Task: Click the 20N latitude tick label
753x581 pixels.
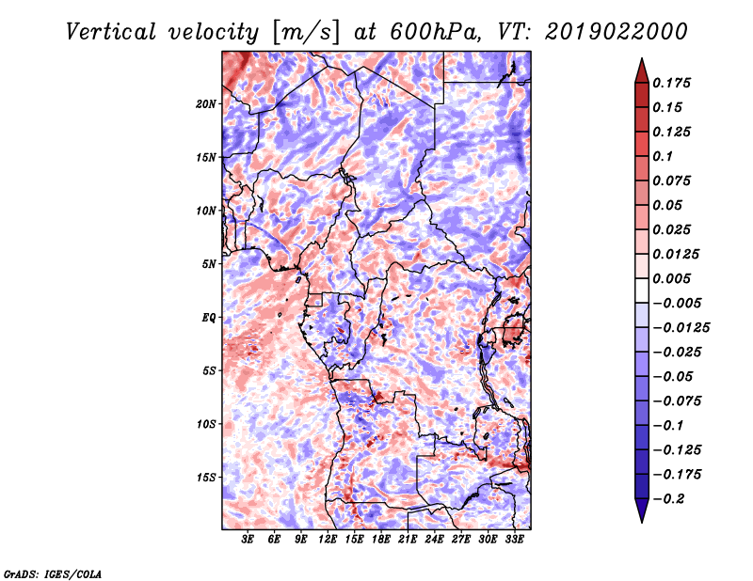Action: [x=207, y=103]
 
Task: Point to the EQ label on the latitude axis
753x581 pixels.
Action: [x=209, y=317]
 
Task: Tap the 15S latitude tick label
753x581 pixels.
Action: [x=207, y=477]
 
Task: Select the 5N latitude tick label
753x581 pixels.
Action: [x=209, y=264]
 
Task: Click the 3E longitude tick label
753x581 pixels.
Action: [x=248, y=539]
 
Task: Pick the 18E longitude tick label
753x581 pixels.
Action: [x=381, y=539]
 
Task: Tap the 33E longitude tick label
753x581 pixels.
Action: [x=515, y=539]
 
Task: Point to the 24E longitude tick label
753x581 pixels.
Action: [x=435, y=539]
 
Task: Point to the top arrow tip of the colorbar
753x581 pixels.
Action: [x=641, y=60]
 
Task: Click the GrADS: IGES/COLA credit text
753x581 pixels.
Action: [x=52, y=573]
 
